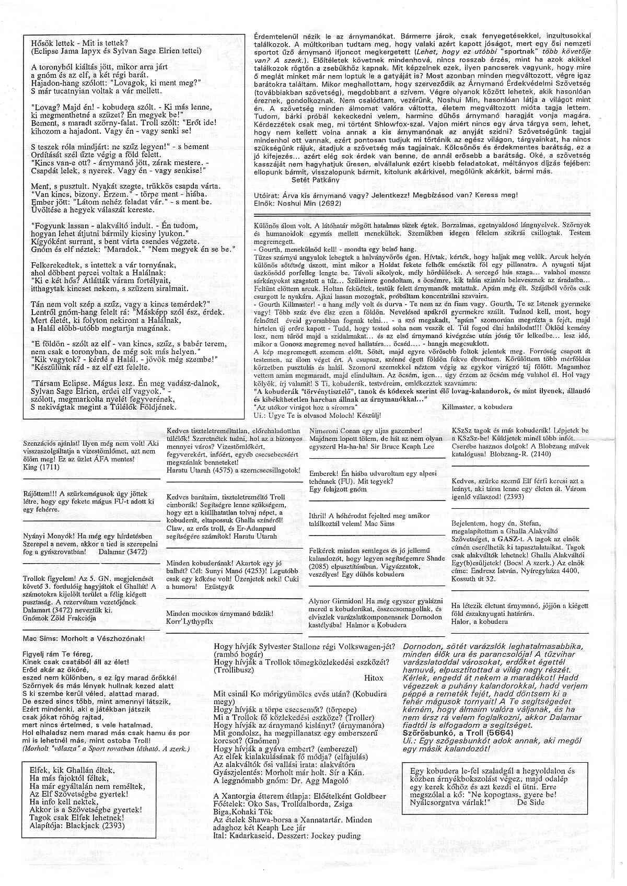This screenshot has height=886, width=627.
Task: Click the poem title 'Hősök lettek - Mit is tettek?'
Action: [x=79, y=43]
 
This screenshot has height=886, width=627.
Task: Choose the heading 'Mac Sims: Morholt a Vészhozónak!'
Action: [x=84, y=638]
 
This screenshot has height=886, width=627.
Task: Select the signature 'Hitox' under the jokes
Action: [x=373, y=678]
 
